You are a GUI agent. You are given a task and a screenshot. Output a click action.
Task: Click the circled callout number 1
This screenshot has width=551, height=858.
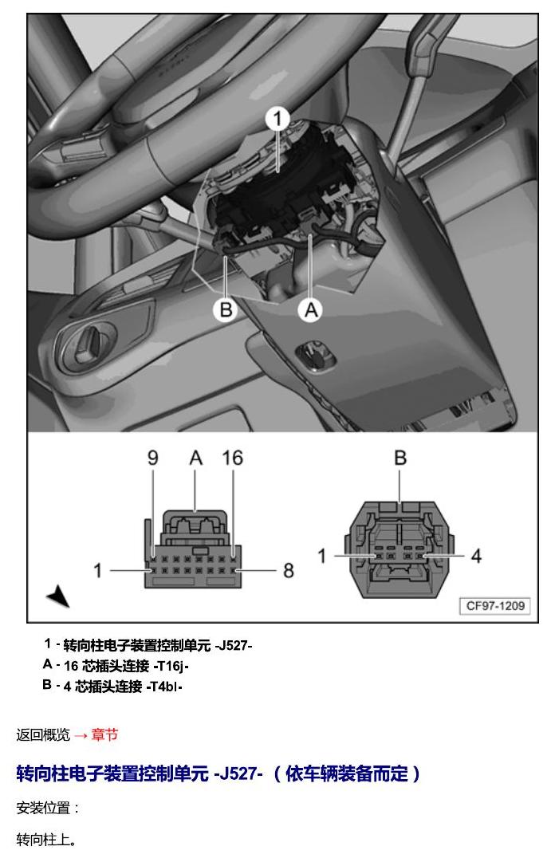pyautogui.click(x=277, y=119)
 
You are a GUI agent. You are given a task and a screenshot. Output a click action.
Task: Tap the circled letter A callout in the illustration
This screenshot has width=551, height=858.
pyautogui.click(x=310, y=310)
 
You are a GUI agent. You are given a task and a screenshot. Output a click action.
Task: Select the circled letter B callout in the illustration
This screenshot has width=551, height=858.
pyautogui.click(x=226, y=309)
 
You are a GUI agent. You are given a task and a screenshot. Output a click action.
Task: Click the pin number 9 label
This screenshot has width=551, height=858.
pyautogui.click(x=153, y=458)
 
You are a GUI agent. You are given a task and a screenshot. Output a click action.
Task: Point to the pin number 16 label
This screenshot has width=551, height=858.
pyautogui.click(x=233, y=458)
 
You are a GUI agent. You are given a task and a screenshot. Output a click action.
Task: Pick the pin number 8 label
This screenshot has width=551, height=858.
pyautogui.click(x=289, y=571)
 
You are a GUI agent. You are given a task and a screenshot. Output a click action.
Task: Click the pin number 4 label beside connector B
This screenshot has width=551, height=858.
pyautogui.click(x=476, y=557)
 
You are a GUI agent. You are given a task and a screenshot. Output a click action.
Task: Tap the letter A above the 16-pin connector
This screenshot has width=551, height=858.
pyautogui.click(x=195, y=458)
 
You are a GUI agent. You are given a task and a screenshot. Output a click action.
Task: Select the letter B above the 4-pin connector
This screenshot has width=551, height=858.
pyautogui.click(x=400, y=458)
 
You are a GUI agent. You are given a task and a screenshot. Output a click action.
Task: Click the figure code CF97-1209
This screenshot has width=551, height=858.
pyautogui.click(x=495, y=606)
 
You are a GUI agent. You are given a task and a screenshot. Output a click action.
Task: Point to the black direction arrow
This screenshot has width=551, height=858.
pyautogui.click(x=58, y=596)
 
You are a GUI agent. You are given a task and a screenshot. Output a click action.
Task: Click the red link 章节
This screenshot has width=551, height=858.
pyautogui.click(x=104, y=735)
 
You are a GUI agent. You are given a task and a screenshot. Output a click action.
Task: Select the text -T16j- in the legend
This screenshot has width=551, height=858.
pyautogui.click(x=171, y=666)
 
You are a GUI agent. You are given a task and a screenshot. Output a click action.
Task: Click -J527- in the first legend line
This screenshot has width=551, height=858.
pyautogui.click(x=234, y=646)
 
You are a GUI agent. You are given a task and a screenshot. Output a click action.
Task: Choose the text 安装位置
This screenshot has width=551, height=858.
pyautogui.click(x=43, y=809)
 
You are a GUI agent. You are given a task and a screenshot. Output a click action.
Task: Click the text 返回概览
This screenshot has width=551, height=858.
pyautogui.click(x=43, y=735)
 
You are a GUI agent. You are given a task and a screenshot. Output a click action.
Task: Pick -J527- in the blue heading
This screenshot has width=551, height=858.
pyautogui.click(x=238, y=773)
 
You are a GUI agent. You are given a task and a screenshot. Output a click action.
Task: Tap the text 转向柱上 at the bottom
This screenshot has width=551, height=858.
pyautogui.click(x=43, y=840)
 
